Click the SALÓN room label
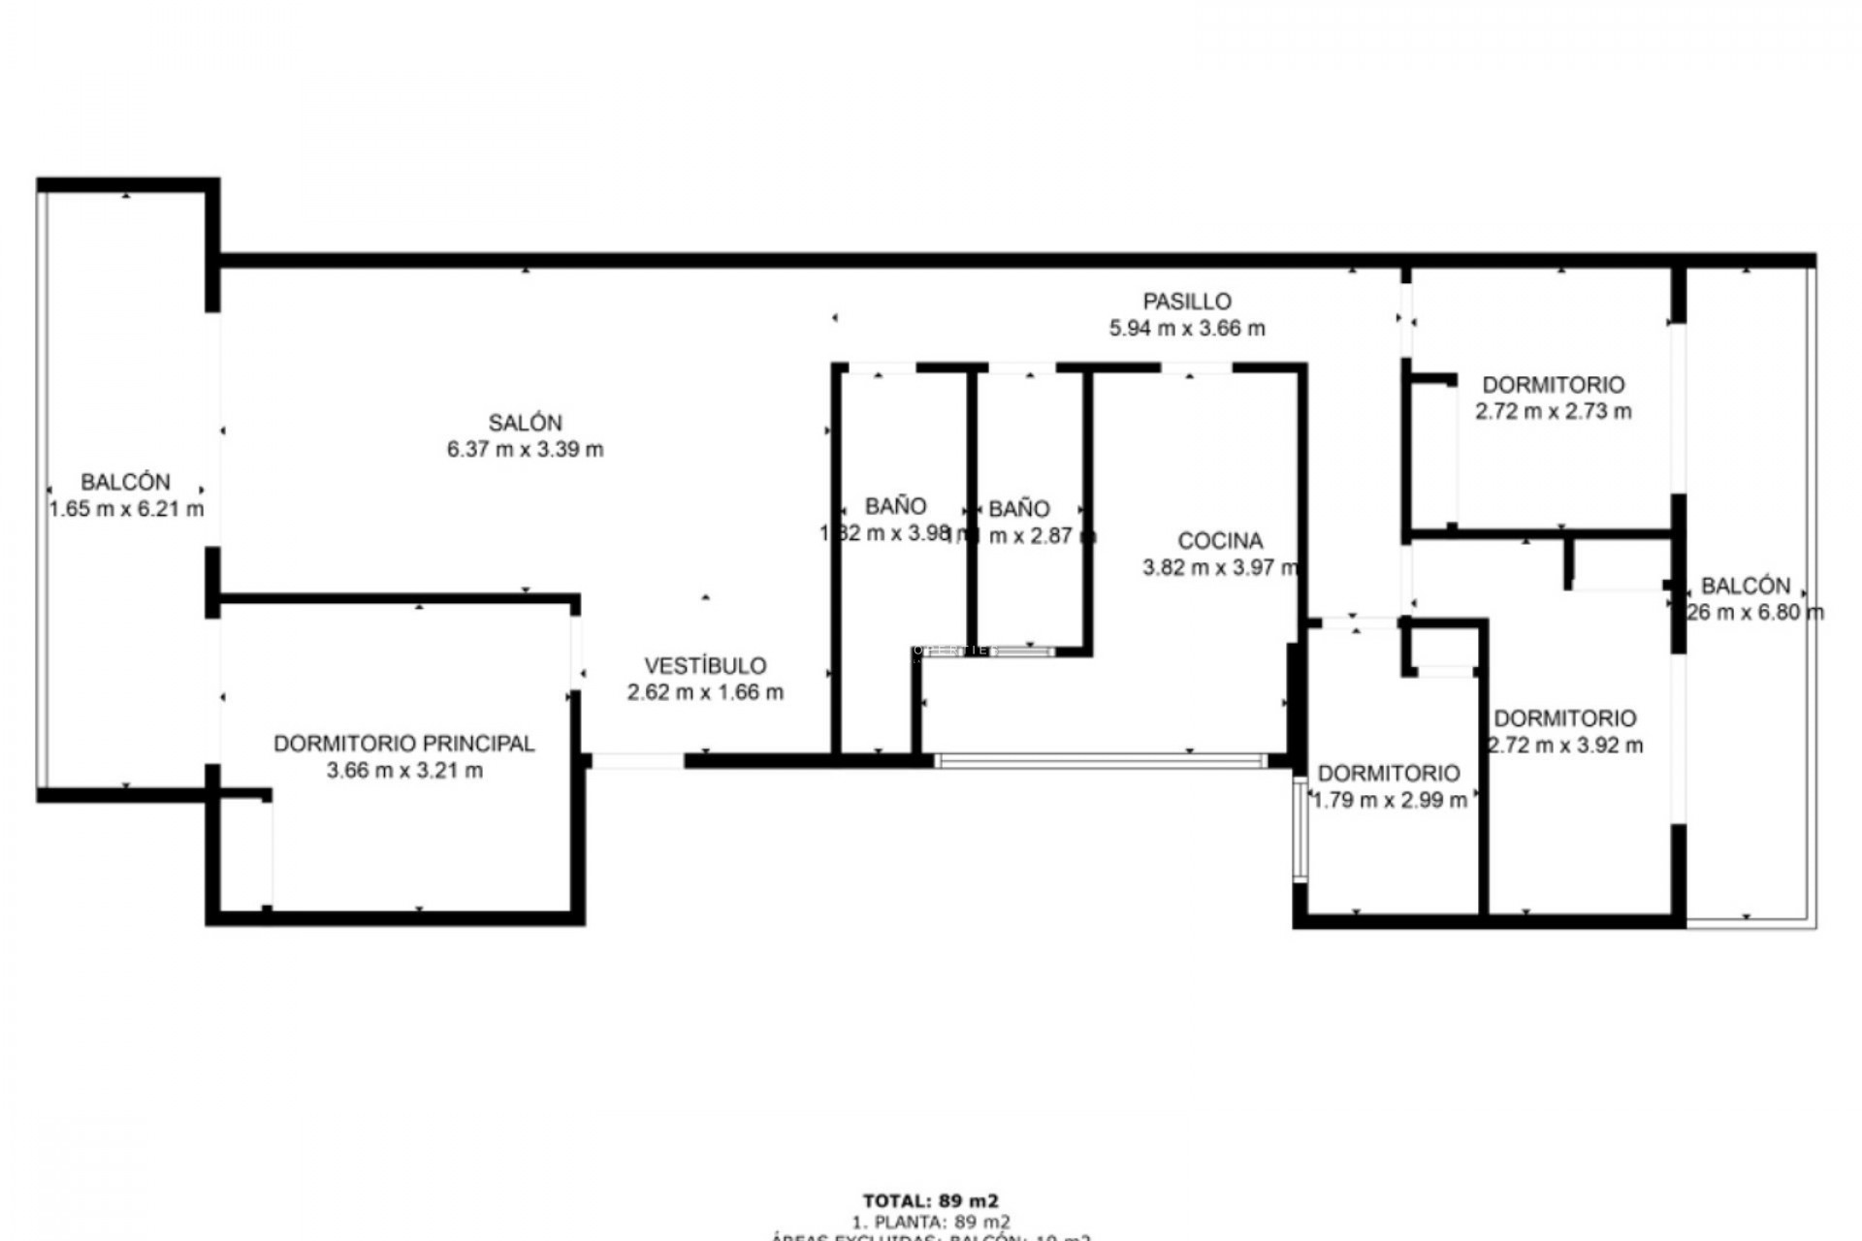coord(525,423)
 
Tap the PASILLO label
coord(1187,302)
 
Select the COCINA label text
coord(1220,541)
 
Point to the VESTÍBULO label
coord(705,666)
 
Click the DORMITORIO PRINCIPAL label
coord(403,744)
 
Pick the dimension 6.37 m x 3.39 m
coord(525,450)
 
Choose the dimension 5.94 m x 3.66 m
coord(1187,329)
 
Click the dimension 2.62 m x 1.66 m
coord(705,692)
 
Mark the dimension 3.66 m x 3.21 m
coord(404,771)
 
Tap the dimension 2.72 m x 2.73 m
coord(1554,411)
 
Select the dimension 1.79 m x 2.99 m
coord(1389,800)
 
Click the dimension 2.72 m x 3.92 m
coord(1565,746)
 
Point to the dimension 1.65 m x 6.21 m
coord(126,509)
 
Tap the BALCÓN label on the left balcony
coord(125,482)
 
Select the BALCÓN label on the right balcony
coord(1746,586)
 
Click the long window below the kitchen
coord(1101,761)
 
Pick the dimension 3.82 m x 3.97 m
coord(1220,568)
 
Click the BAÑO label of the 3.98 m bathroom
coord(895,506)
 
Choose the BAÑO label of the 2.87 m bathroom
coord(1019,509)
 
